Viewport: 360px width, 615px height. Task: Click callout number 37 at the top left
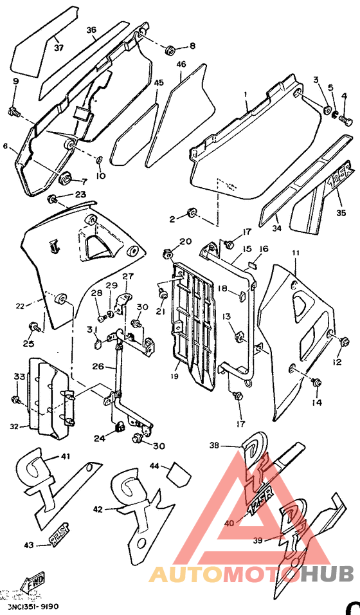[59, 48]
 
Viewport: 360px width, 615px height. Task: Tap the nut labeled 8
[170, 50]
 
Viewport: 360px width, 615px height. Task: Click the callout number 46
[181, 64]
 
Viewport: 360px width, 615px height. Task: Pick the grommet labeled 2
[191, 213]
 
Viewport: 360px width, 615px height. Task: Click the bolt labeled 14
[316, 383]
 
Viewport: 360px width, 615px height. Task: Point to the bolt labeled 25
[36, 327]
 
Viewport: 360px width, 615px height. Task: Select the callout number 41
[65, 456]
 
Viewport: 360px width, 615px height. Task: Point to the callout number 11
[296, 253]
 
